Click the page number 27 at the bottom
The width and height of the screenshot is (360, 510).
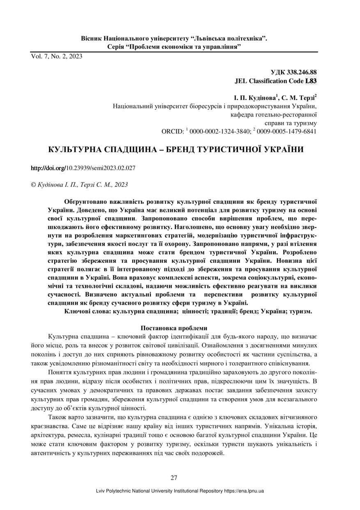pyautogui.click(x=174, y=478)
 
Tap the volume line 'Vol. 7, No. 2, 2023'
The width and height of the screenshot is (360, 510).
pyautogui.click(x=56, y=56)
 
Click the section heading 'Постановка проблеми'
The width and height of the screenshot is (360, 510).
pyautogui.click(x=174, y=328)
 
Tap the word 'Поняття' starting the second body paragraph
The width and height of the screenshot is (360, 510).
pyautogui.click(x=60, y=373)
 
